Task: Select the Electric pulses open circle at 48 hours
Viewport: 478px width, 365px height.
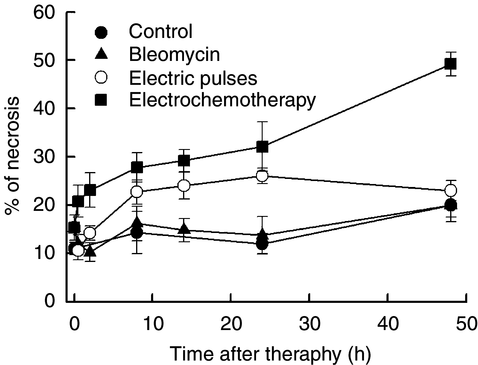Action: (x=450, y=190)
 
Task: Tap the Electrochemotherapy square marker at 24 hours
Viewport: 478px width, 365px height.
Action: (x=262, y=147)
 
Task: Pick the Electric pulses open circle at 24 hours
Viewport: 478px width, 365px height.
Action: (x=262, y=176)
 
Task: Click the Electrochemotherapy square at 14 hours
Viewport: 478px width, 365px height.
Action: (x=184, y=161)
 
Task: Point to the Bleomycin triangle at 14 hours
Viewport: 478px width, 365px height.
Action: (x=184, y=229)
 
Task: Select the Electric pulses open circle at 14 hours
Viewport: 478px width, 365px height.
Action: (x=184, y=185)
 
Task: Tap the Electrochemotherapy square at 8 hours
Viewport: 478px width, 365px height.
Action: (x=137, y=167)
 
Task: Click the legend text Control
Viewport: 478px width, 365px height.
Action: (x=161, y=31)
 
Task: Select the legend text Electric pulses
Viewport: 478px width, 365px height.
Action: (x=193, y=78)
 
